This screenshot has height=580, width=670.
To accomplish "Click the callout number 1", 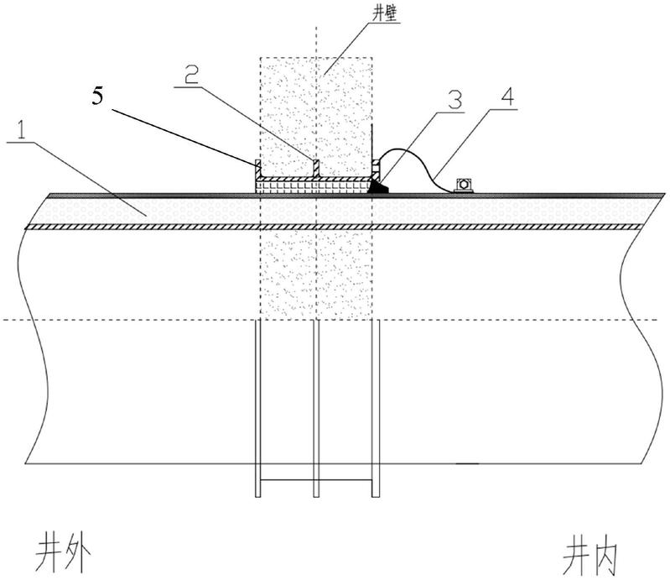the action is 18,132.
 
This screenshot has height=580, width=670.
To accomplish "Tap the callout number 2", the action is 191,76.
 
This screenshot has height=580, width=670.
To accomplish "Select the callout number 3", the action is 455,101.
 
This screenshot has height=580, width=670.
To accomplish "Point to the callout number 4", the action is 507,98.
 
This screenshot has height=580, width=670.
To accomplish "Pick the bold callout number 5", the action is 97,97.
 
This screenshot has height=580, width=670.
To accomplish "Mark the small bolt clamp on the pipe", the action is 463,185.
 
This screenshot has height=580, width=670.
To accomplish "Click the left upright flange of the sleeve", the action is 257,170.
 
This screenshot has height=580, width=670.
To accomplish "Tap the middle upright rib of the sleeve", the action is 316,170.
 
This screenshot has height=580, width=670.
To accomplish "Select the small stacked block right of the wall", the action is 376,170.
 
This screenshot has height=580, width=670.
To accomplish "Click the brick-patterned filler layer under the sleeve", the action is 312,186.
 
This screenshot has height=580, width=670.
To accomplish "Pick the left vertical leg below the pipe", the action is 258,409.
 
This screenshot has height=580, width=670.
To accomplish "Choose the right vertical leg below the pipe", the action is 376,409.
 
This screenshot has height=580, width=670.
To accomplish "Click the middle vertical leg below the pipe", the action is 316,409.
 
